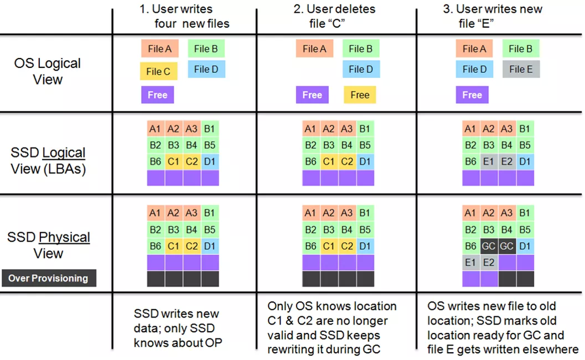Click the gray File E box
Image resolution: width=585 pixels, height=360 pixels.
pyautogui.click(x=521, y=69)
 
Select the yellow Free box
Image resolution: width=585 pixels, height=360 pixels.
pyautogui.click(x=360, y=95)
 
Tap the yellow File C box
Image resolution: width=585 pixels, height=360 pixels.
pyautogui.click(x=158, y=71)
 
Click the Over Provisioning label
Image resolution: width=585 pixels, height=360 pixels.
pyautogui.click(x=48, y=278)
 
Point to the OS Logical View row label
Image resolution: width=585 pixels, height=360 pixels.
pyautogui.click(x=48, y=71)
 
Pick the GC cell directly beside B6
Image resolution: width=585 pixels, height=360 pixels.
pyautogui.click(x=489, y=246)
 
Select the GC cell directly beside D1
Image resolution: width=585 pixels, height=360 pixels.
pyautogui.click(x=507, y=246)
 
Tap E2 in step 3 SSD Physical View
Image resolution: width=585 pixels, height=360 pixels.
pyautogui.click(x=489, y=263)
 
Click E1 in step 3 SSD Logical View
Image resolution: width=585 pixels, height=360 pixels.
pyautogui.click(x=489, y=161)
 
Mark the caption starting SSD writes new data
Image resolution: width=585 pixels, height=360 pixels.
pyautogui.click(x=177, y=328)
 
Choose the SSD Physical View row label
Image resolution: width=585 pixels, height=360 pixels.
pyautogui.click(x=49, y=246)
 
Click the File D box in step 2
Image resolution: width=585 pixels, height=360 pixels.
pyautogui.click(x=360, y=69)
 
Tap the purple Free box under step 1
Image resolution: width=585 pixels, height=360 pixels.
pyautogui.click(x=158, y=95)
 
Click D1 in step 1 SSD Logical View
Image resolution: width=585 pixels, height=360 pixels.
pyautogui.click(x=210, y=161)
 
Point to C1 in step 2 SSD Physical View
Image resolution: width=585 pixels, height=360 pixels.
pyautogui.click(x=329, y=246)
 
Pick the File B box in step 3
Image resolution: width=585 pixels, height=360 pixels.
pyautogui.click(x=521, y=49)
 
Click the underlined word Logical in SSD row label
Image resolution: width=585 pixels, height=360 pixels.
pyautogui.click(x=64, y=153)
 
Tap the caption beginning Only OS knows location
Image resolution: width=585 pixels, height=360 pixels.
pyautogui.click(x=332, y=328)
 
